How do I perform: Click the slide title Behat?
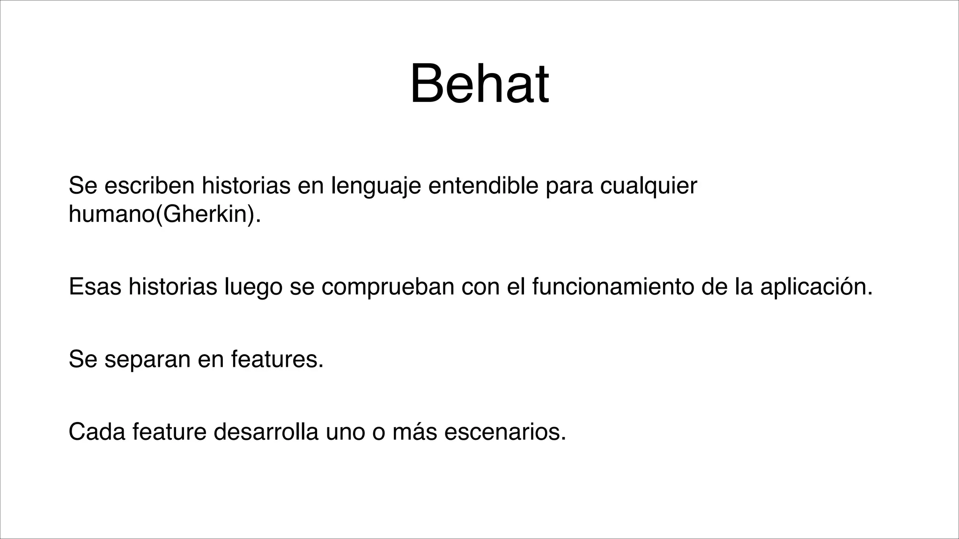pyautogui.click(x=479, y=85)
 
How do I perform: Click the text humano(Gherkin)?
pyautogui.click(x=164, y=214)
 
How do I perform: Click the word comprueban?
pyautogui.click(x=388, y=287)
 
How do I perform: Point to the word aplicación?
pyautogui.click(x=816, y=287)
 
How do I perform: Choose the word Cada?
pyautogui.click(x=97, y=432)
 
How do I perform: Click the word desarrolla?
pyautogui.click(x=266, y=432)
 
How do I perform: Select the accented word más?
pyautogui.click(x=414, y=432)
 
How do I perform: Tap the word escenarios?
pyautogui.click(x=505, y=432)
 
